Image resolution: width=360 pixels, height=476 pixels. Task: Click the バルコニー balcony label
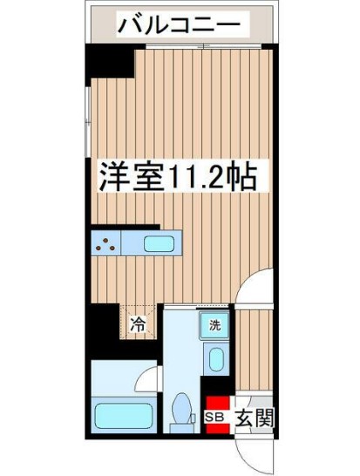point(179,25)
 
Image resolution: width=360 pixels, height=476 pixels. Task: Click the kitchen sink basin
point(160,244)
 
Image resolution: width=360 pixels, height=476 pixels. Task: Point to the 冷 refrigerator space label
point(139,326)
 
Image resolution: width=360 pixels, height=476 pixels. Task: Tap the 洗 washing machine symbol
point(215,327)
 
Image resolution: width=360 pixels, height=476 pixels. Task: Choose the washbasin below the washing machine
point(216,358)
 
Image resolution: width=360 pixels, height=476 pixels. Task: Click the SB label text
point(214,418)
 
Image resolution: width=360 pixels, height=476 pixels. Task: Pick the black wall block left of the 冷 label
point(107,325)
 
